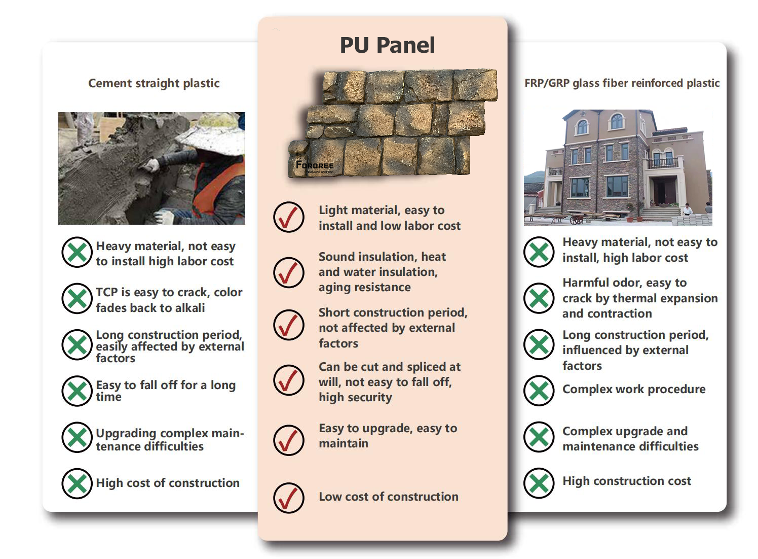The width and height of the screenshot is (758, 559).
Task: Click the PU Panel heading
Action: [387, 45]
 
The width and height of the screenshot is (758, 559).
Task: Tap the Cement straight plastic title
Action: [154, 83]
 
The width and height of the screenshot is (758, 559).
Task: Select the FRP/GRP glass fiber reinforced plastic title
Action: [622, 83]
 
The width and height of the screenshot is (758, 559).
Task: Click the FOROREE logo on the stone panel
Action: [314, 165]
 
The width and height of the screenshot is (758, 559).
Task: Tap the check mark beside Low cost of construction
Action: [289, 498]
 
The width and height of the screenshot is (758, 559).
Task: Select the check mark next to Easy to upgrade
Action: [289, 440]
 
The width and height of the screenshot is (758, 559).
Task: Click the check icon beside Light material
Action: [289, 217]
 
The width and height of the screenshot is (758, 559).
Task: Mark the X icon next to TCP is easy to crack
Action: [77, 298]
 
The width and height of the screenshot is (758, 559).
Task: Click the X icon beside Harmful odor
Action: [539, 298]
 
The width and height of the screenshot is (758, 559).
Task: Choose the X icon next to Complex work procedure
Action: [539, 391]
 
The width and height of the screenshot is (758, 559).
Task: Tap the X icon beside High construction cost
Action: [539, 483]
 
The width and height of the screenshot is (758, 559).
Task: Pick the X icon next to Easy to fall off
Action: [77, 391]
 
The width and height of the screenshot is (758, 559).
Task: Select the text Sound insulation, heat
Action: [383, 257]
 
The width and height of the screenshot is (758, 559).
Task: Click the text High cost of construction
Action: [168, 483]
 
